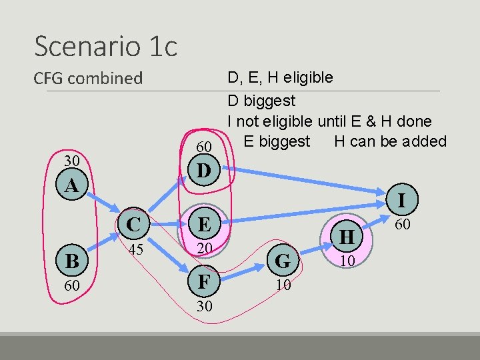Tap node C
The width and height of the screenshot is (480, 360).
point(134,224)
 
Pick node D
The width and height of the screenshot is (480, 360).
point(204,171)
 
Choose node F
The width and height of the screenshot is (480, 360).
point(205,281)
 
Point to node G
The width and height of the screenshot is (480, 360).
point(283,261)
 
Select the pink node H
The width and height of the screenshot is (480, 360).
point(347,236)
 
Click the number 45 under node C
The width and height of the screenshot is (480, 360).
point(135,250)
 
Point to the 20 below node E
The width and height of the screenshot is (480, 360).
point(205,249)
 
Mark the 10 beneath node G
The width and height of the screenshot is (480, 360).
point(283,285)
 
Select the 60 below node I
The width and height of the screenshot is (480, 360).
point(402,225)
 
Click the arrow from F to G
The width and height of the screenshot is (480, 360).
point(244,272)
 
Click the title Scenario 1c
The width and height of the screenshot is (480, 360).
point(105,47)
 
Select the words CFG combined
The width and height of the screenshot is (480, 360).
point(88,78)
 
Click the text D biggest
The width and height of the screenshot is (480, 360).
point(261,101)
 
